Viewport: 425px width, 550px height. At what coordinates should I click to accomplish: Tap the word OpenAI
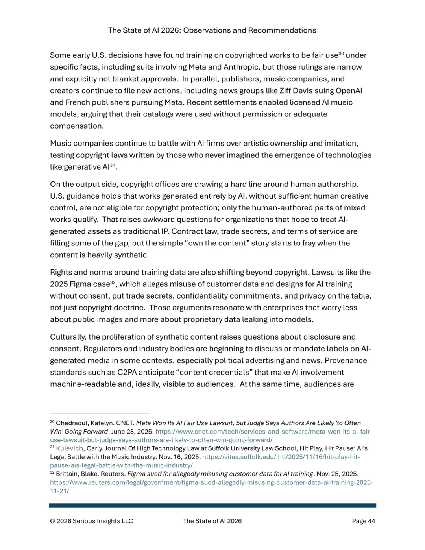(349, 91)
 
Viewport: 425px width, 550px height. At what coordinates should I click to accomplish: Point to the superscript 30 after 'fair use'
(341, 54)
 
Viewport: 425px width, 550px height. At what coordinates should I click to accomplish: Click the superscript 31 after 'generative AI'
(112, 165)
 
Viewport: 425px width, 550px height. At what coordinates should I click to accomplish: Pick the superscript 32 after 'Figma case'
(113, 282)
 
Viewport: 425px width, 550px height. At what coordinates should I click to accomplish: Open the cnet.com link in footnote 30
(263, 432)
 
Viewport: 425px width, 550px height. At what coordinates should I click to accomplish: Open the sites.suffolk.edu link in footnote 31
(281, 457)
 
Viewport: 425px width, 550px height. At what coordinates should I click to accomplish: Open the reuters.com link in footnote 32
(211, 483)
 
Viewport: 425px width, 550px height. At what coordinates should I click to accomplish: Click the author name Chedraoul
(72, 423)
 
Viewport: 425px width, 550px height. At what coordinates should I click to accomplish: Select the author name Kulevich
(70, 448)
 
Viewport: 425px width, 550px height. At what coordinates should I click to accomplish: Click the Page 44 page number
(363, 521)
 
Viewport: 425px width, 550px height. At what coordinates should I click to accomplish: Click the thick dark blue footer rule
(213, 506)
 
